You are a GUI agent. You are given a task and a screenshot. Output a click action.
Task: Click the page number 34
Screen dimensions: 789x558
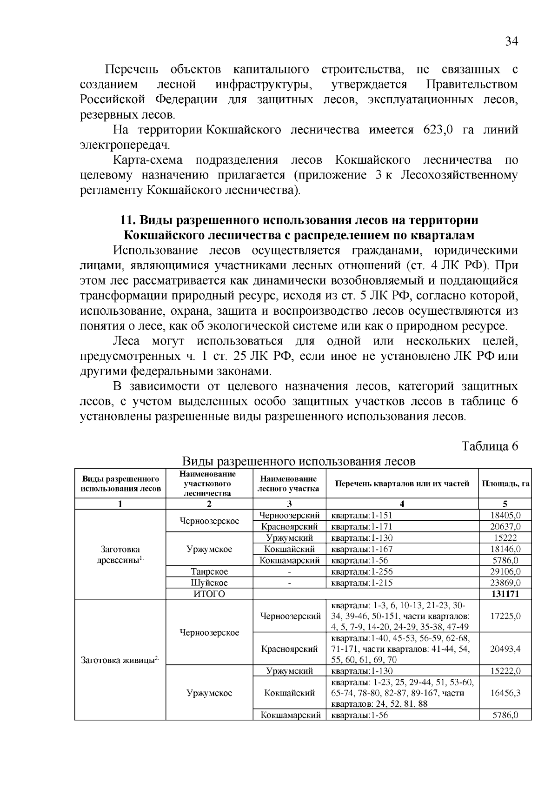coord(511,41)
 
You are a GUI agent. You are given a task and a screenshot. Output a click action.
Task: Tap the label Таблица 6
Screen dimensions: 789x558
coord(489,446)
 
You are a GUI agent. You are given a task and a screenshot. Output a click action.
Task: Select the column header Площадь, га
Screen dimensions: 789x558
coord(505,484)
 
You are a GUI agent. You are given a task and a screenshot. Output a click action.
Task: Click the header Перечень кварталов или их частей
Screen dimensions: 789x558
coord(402,484)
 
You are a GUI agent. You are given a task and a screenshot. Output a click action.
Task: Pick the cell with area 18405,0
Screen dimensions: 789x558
coord(505,515)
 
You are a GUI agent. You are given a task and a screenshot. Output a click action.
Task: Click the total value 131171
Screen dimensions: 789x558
coord(505,594)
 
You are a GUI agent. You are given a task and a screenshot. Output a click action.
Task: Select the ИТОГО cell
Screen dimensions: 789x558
coord(209,594)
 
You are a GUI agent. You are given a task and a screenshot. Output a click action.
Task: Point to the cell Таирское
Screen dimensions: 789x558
coord(209,571)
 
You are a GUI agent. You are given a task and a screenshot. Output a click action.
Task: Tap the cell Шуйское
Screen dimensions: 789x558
coord(209,583)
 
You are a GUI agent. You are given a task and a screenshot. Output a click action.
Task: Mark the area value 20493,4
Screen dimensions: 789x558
coord(505,649)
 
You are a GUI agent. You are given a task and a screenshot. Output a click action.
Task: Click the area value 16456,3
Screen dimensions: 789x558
coord(505,693)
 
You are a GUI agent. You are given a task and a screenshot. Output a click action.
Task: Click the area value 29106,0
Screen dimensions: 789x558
coord(505,571)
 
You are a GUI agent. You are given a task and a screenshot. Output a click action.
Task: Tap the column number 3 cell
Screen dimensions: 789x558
coord(289,504)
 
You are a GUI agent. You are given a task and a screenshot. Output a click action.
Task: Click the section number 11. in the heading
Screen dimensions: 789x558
coord(128,219)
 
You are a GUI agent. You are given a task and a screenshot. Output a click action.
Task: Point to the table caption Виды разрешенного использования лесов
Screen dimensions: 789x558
coord(298,461)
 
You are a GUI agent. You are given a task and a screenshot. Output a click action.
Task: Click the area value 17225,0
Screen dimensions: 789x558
coord(505,616)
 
